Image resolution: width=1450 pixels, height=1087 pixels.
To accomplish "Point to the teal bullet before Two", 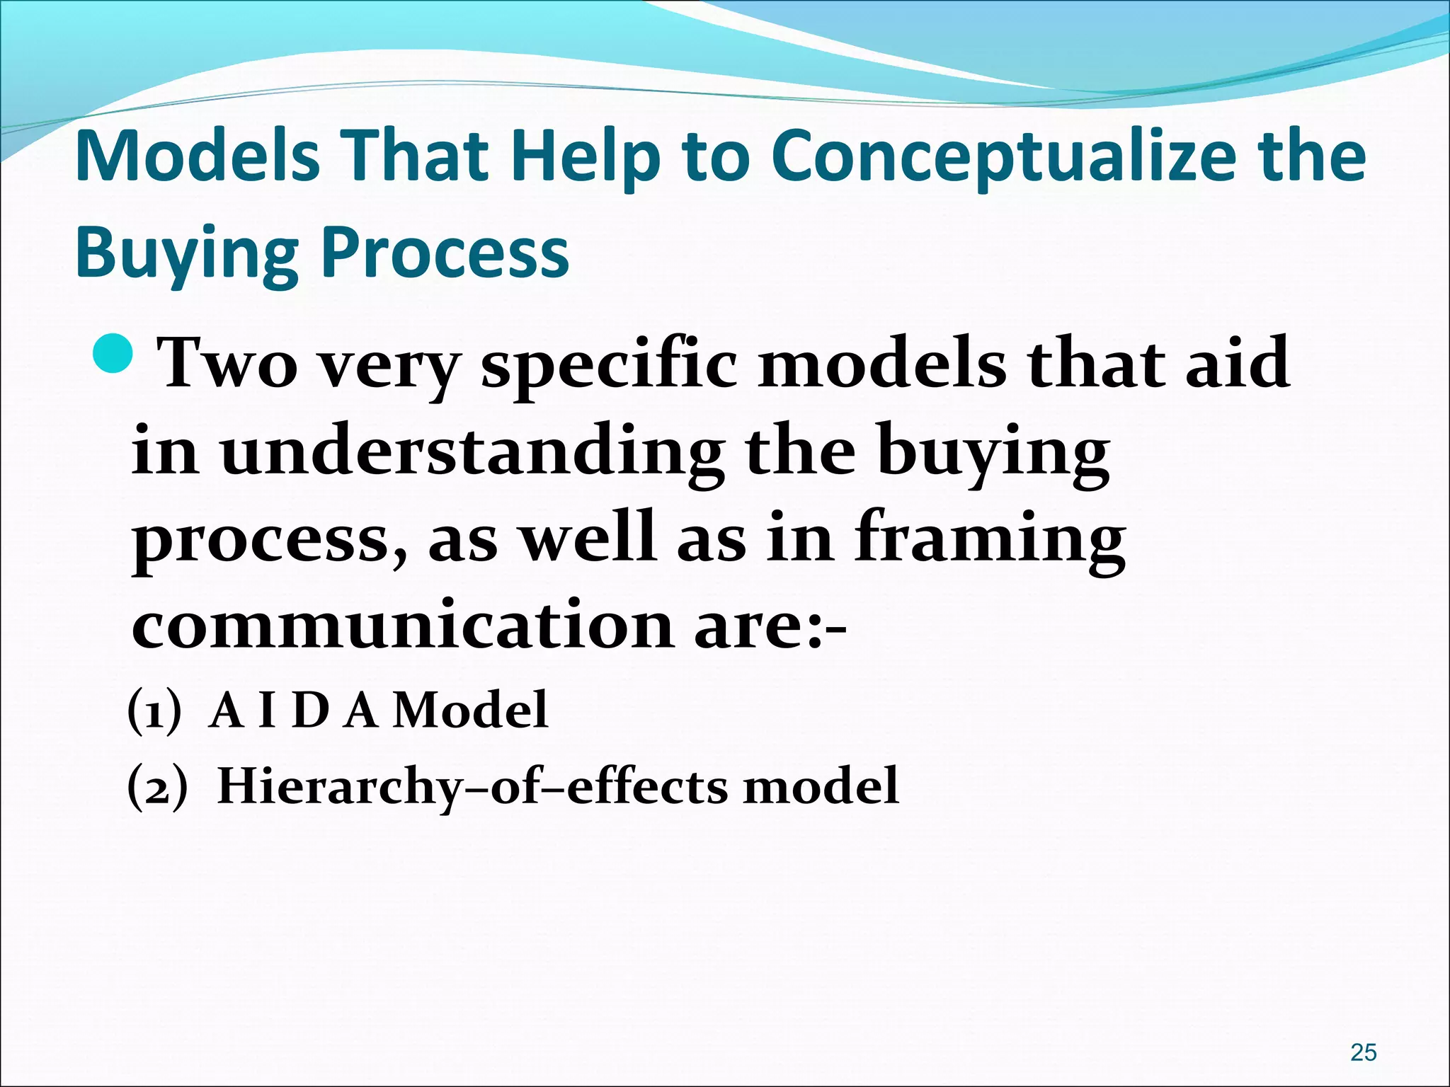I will pyautogui.click(x=113, y=353).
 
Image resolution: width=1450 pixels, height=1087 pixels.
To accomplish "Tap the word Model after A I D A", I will pyautogui.click(x=470, y=711).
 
